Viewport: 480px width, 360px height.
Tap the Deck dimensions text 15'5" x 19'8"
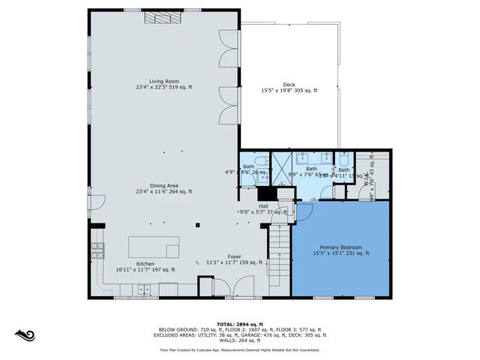tap(289, 91)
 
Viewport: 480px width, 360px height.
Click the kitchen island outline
tap(154, 248)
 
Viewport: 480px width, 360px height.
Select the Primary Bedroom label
tap(341, 247)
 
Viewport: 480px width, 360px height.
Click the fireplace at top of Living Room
tap(158, 21)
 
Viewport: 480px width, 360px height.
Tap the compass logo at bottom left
tap(25, 334)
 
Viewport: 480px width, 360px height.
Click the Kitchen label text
tap(124, 264)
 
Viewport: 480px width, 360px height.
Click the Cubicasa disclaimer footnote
tap(239, 349)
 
